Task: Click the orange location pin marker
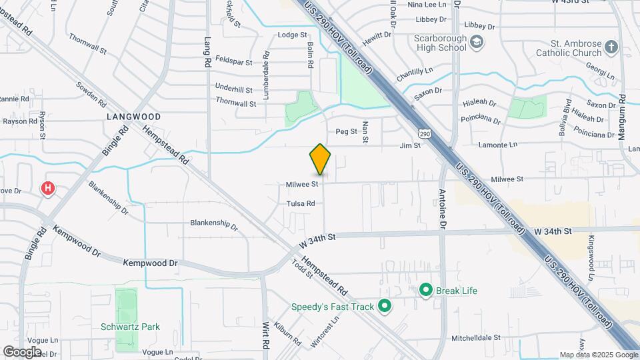[320, 159]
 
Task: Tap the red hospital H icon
[48, 189]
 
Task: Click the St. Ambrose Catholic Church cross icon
[612, 47]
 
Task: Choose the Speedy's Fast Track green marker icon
[384, 307]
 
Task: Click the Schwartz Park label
[130, 327]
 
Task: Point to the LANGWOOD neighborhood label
[134, 116]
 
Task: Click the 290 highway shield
[425, 133]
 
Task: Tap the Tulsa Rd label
[300, 203]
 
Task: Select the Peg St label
[346, 131]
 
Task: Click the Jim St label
[410, 145]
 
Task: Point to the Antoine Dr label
[443, 208]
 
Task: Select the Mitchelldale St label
[475, 338]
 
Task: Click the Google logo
[22, 351]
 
